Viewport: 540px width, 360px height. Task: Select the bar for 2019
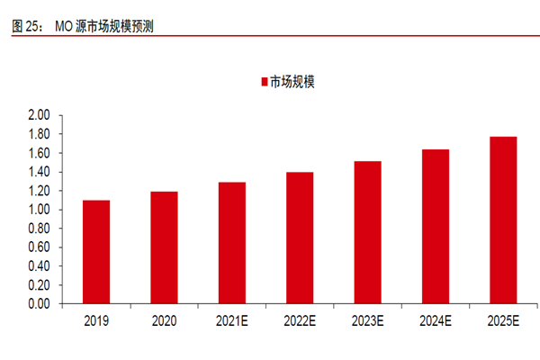(96, 252)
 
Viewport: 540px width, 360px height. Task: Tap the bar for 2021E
(231, 243)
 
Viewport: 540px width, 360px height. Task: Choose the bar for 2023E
(367, 232)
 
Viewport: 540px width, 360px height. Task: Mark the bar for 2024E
(435, 227)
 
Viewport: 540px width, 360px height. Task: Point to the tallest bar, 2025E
(503, 220)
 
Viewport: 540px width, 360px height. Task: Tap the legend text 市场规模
(292, 82)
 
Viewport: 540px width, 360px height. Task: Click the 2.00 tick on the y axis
(39, 115)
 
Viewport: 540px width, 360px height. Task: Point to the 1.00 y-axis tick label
(39, 210)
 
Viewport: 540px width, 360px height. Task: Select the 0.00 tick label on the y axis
(39, 304)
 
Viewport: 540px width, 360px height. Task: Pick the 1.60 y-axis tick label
(39, 153)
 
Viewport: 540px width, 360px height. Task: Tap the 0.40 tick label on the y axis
(39, 266)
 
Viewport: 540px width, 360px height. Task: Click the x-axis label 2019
(96, 320)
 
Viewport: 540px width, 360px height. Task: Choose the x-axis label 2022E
(300, 320)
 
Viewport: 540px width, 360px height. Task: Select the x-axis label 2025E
(503, 320)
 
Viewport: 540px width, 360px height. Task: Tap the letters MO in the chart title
(65, 26)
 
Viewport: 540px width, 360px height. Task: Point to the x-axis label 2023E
(367, 320)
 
